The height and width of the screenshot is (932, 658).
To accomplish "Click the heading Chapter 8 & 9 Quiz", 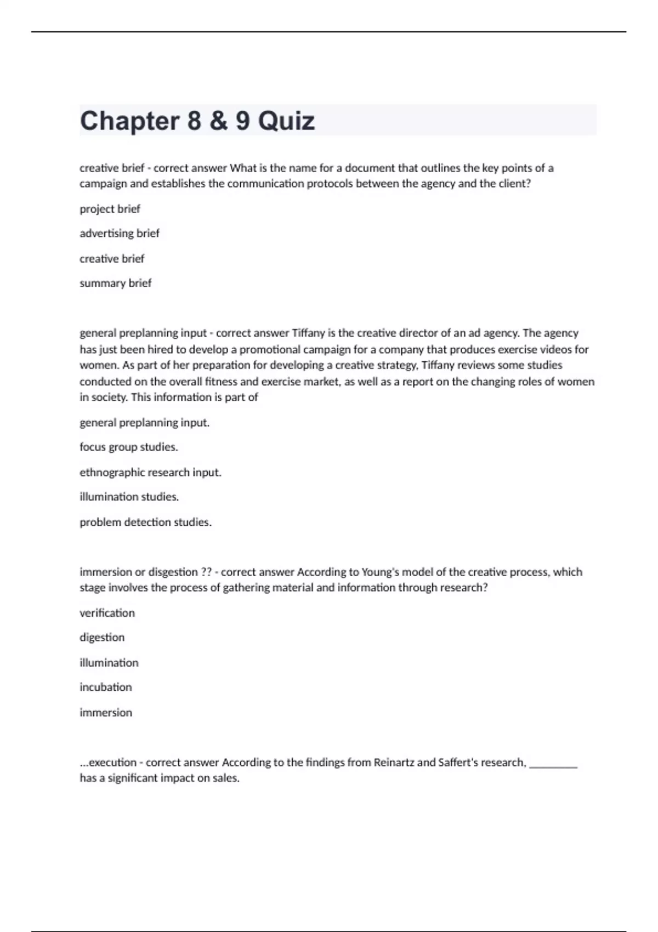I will pyautogui.click(x=197, y=121).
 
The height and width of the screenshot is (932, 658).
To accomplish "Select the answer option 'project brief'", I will pyautogui.click(x=110, y=209).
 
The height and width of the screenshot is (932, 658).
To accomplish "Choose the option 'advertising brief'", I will pyautogui.click(x=119, y=234).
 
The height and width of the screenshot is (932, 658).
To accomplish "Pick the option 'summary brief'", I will pyautogui.click(x=115, y=283).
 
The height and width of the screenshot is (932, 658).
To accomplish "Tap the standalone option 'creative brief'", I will pyautogui.click(x=112, y=259).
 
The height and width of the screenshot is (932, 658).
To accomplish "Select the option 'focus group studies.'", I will pyautogui.click(x=128, y=447).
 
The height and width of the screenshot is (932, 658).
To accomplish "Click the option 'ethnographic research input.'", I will pyautogui.click(x=150, y=473).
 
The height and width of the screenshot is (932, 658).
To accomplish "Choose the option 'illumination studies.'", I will pyautogui.click(x=129, y=497).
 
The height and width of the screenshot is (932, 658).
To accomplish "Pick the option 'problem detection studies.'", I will pyautogui.click(x=145, y=522).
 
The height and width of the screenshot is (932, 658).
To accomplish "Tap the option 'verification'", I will pyautogui.click(x=107, y=613).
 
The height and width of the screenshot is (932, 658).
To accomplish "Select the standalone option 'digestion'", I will pyautogui.click(x=102, y=638).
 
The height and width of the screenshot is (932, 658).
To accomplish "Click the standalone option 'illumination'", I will pyautogui.click(x=109, y=663).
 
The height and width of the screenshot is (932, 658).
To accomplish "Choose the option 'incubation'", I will pyautogui.click(x=105, y=687).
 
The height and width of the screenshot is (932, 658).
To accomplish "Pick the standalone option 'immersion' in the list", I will pyautogui.click(x=105, y=713).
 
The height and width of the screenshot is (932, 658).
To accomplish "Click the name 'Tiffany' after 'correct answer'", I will pyautogui.click(x=308, y=333).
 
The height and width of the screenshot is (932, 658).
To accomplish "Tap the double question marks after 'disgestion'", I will pyautogui.click(x=206, y=572).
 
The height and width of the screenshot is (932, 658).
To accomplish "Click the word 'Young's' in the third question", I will pyautogui.click(x=381, y=572).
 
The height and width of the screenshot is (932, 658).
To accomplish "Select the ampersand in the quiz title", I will pyautogui.click(x=218, y=121).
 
